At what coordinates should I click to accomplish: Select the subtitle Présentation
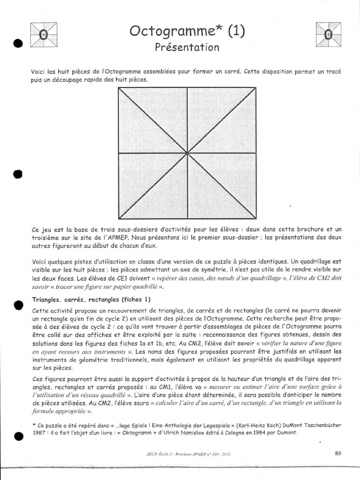click(x=187, y=48)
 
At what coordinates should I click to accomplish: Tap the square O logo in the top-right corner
click(x=329, y=35)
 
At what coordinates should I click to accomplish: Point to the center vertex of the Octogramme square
click(x=187, y=153)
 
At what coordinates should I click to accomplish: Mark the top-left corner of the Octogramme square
click(x=119, y=87)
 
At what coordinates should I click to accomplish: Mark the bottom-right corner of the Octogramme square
click(x=256, y=219)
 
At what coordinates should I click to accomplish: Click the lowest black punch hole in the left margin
click(x=18, y=435)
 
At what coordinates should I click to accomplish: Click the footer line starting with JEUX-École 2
click(x=188, y=454)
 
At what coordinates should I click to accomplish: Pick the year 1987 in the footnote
click(x=40, y=432)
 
